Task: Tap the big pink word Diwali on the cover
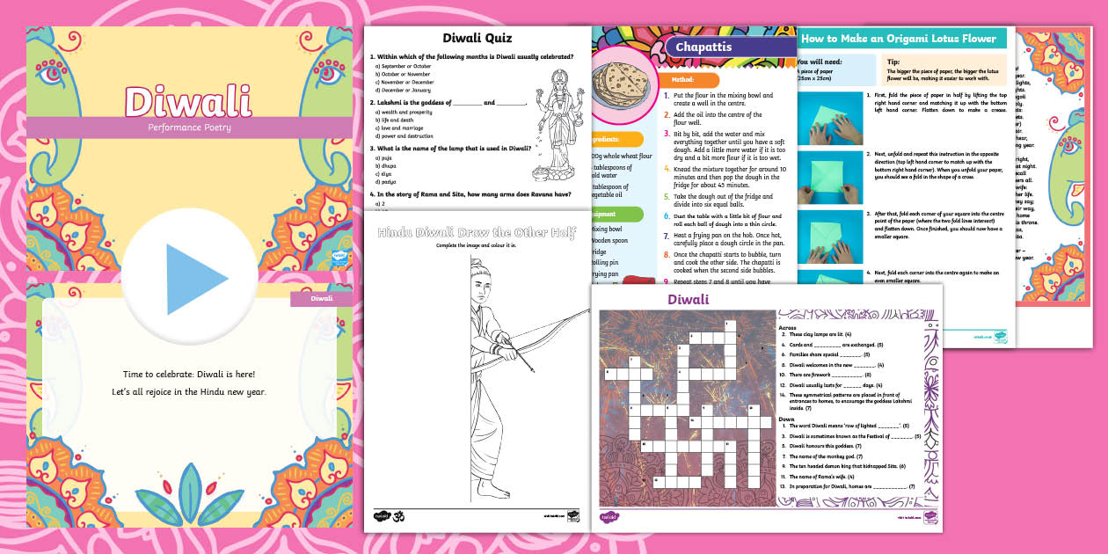coord(187,101)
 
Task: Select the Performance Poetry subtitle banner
coord(187,128)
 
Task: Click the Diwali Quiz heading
coord(476,38)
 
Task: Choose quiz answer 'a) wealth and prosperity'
coord(407,113)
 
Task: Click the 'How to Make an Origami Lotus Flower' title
coord(899,39)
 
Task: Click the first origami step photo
coord(829,114)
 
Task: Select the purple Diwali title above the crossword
coord(688,300)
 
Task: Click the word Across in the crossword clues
coord(788,327)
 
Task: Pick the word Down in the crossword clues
coord(787,419)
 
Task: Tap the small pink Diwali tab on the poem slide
coord(320,299)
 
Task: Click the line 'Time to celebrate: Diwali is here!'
coord(187,375)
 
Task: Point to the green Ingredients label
coord(616,139)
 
